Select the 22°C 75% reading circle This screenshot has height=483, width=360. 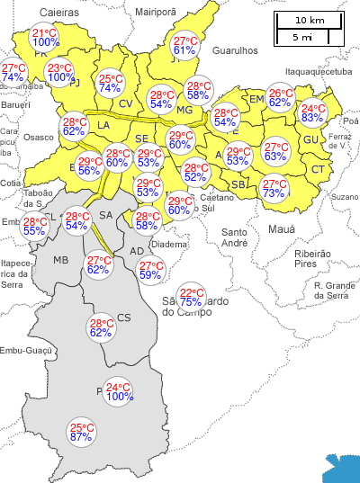(x=191, y=297)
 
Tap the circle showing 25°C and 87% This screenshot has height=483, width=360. (x=82, y=433)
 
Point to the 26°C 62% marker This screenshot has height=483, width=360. (x=280, y=98)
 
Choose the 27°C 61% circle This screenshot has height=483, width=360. (x=184, y=46)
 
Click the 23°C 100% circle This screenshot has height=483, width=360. (x=60, y=73)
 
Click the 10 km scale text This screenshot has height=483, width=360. (x=309, y=20)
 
